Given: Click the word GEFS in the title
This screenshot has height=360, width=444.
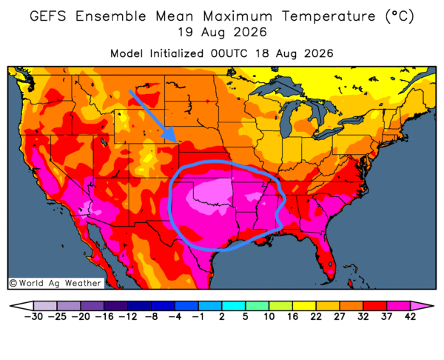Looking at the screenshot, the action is [48, 16].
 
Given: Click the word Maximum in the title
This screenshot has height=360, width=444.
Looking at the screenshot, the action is [238, 16].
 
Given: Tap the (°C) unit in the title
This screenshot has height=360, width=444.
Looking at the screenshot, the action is [400, 16].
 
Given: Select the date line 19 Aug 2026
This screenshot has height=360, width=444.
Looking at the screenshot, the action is [222, 33].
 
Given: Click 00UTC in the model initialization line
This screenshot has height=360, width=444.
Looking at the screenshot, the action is [229, 53].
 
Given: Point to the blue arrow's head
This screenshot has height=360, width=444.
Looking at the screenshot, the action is [171, 136].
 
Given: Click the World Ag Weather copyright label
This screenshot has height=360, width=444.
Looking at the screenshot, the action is [55, 283].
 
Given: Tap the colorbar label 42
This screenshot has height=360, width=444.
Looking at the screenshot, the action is [410, 316].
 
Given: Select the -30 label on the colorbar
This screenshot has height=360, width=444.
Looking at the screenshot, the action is [33, 316].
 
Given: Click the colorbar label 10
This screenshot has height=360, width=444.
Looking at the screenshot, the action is [269, 316].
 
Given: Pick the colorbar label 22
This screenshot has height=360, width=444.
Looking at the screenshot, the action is [316, 316].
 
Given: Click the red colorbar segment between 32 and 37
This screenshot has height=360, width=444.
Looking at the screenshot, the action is [375, 306].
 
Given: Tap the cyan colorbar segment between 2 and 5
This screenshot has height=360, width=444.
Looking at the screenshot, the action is [233, 306].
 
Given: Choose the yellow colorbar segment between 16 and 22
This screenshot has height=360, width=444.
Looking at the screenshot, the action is [304, 306].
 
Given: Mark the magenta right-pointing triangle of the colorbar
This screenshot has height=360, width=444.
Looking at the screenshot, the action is [421, 306].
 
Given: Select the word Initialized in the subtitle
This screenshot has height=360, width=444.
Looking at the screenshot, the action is [176, 53].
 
